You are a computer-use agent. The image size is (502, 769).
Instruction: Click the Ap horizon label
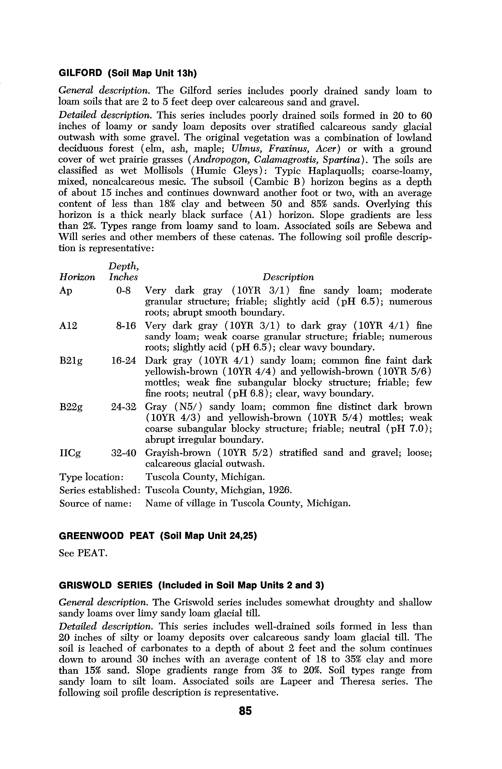(66, 291)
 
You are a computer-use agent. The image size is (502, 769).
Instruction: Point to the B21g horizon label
(71, 361)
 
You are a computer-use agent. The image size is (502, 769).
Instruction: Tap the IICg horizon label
(70, 453)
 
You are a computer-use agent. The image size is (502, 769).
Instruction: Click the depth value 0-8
(123, 291)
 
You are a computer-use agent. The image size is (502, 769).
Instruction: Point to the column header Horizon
(77, 277)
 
